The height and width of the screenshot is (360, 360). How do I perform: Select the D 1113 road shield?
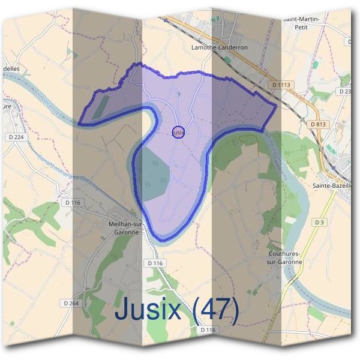pos(280,85)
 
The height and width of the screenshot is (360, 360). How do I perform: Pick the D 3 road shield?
pos(319,223)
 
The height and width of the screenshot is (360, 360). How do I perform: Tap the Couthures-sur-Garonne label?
pos(286,258)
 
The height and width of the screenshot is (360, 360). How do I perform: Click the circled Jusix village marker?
pos(178,132)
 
